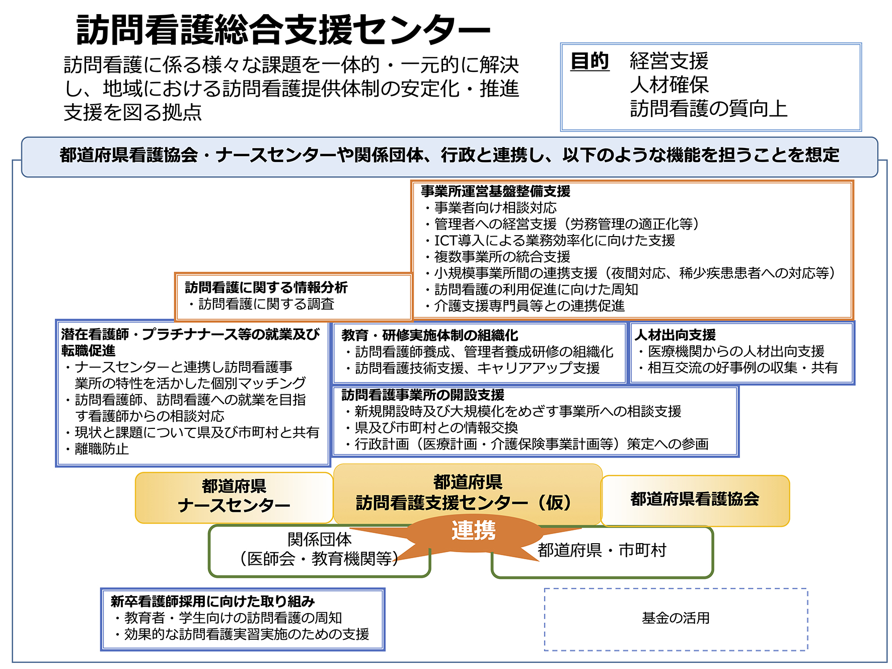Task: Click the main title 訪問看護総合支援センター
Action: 283,30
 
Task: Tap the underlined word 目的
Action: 589,62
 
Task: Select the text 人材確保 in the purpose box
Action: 670,85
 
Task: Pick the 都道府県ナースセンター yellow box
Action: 234,497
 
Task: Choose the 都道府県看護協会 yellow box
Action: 695,500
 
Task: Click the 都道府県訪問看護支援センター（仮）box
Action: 468,494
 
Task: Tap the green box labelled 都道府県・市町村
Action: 602,552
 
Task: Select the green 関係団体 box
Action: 319,550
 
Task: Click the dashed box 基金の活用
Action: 676,619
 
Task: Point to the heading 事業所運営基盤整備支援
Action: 495,191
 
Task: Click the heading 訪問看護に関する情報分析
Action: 266,287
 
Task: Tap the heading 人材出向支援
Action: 675,335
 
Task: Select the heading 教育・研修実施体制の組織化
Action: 429,335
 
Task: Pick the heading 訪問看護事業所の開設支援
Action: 422,395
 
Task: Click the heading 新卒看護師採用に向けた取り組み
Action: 212,601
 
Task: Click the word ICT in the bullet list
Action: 445,241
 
